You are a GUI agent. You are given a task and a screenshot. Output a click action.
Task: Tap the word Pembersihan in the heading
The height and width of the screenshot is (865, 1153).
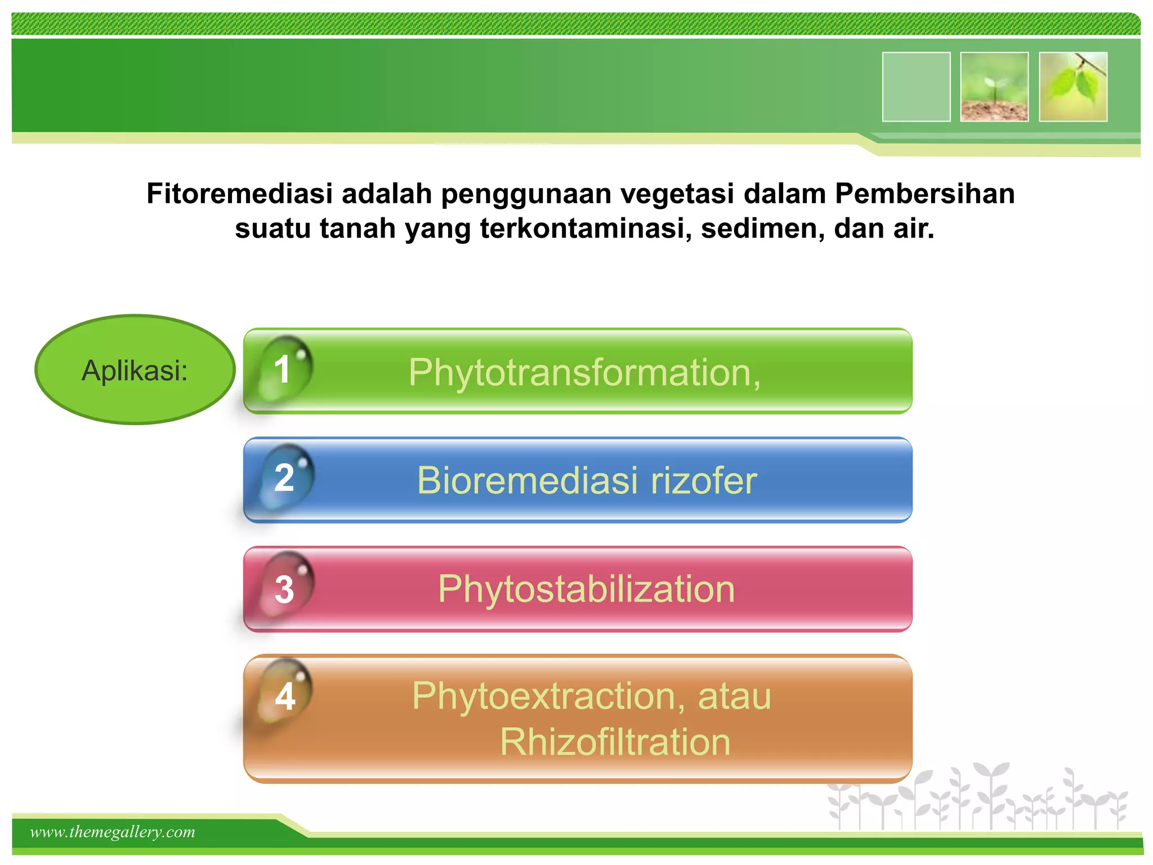click(x=924, y=193)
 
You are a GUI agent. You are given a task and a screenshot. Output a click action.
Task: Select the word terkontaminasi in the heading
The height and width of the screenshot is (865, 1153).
click(x=586, y=229)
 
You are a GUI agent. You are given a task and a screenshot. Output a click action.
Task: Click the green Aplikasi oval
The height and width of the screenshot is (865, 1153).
click(x=135, y=370)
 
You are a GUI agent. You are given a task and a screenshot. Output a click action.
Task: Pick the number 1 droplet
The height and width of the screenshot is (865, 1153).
click(x=284, y=369)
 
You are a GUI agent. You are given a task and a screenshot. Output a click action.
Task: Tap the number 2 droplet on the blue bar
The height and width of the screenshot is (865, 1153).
click(x=285, y=478)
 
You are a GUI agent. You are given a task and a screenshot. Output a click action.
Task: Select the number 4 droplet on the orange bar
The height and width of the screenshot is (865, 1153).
click(x=285, y=696)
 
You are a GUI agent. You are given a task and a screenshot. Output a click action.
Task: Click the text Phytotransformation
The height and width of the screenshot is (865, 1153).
click(x=583, y=373)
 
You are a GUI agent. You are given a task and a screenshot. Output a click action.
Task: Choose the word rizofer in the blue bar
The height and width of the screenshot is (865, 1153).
click(x=704, y=480)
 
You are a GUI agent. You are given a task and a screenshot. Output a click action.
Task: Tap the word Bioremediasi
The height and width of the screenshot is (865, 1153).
click(x=528, y=480)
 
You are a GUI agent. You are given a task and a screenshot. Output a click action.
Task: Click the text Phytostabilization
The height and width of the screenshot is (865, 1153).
click(x=586, y=589)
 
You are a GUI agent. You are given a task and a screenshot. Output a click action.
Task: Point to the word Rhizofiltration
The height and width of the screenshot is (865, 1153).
click(x=615, y=742)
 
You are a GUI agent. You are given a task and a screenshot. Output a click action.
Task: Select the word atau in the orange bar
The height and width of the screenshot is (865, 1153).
click(x=734, y=696)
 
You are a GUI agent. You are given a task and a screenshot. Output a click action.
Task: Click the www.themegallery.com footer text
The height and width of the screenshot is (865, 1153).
click(x=113, y=832)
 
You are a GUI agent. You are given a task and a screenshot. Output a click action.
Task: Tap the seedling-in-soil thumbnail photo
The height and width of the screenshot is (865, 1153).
click(x=994, y=87)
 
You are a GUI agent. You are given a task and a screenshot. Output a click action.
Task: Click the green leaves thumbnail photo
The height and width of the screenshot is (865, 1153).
click(x=1073, y=87)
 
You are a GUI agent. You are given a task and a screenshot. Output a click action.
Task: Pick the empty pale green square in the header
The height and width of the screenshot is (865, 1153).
click(x=916, y=87)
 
